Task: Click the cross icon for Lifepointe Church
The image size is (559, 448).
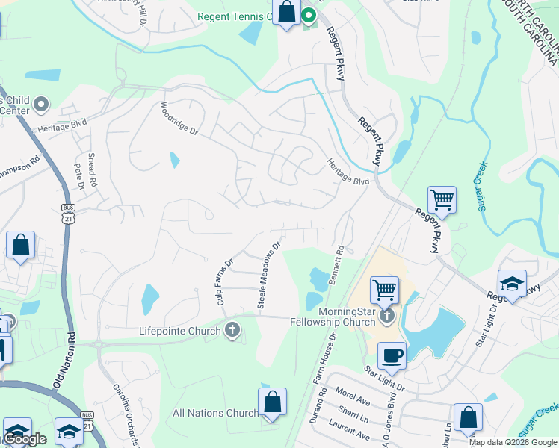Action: (232, 329)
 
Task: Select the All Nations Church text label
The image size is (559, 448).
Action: (215, 413)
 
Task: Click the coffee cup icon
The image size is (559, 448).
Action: (392, 355)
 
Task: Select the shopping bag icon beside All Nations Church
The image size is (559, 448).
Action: (273, 401)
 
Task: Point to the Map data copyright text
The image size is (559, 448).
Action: (513, 442)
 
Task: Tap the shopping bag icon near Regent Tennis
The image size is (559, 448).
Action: (286, 12)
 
